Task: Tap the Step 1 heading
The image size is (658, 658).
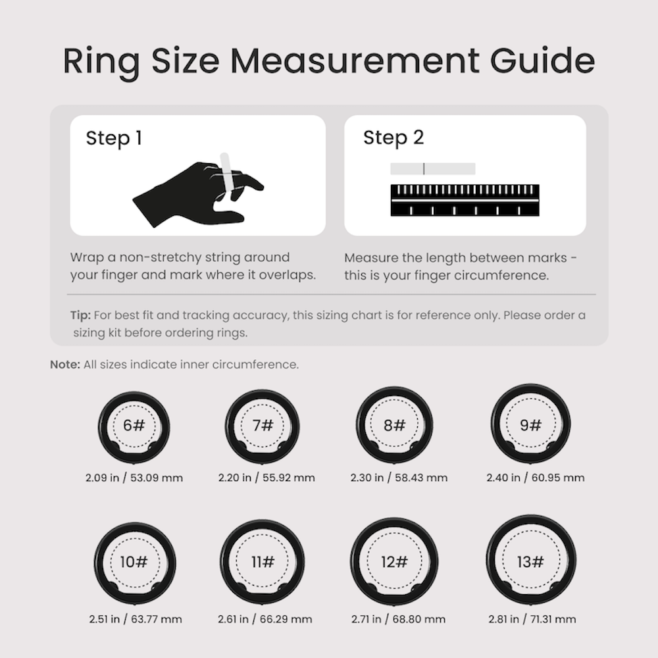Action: click(x=114, y=138)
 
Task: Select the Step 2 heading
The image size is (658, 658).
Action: click(x=393, y=138)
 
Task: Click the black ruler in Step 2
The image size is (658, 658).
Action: click(x=465, y=200)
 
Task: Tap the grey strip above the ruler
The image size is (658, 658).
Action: click(x=432, y=168)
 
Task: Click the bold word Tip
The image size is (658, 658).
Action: click(x=80, y=315)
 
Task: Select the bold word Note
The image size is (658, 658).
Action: click(x=65, y=365)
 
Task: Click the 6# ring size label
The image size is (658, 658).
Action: click(x=134, y=425)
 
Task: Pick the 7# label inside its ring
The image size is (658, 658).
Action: click(x=263, y=425)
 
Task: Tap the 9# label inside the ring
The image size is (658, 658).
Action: click(x=530, y=425)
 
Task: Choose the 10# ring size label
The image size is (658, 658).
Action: click(x=134, y=561)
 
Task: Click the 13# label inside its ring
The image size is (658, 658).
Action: click(x=530, y=561)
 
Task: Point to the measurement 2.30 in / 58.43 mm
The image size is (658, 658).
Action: click(x=399, y=478)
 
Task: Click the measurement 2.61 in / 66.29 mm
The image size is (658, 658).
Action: click(x=265, y=619)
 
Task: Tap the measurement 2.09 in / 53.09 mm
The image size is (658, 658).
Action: click(x=134, y=478)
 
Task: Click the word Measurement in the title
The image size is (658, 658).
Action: click(x=355, y=61)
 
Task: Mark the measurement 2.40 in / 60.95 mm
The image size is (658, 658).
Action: click(x=535, y=478)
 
